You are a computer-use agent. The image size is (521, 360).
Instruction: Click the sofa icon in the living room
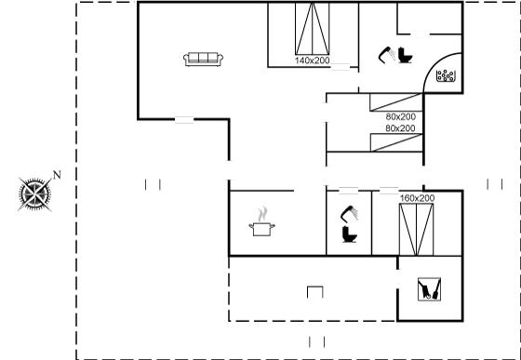pyautogui.click(x=203, y=60)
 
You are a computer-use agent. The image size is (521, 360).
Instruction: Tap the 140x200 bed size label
pyautogui.click(x=312, y=60)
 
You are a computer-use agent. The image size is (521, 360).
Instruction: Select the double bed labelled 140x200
pyautogui.click(x=313, y=29)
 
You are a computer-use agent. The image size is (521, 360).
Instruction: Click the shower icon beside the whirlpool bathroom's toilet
pyautogui.click(x=387, y=55)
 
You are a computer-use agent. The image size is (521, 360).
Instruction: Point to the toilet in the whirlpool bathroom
pyautogui.click(x=406, y=55)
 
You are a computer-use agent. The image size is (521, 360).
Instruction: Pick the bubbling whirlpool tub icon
pyautogui.click(x=446, y=75)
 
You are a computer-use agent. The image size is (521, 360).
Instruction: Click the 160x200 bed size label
pyautogui.click(x=417, y=198)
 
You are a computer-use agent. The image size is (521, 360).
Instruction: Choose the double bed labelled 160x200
pyautogui.click(x=417, y=230)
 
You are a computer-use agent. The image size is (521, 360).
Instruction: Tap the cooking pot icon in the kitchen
pyautogui.click(x=261, y=229)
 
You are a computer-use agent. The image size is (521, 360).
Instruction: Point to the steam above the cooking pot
pyautogui.click(x=262, y=214)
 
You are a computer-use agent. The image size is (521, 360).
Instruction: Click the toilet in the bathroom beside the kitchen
pyautogui.click(x=349, y=234)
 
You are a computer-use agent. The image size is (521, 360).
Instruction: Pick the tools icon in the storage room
pyautogui.click(x=429, y=289)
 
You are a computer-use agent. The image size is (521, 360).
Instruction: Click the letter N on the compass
pyautogui.click(x=57, y=175)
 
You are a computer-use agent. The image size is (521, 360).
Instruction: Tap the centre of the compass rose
pyautogui.click(x=35, y=194)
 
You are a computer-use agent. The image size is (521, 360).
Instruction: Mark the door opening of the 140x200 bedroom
pyautogui.click(x=341, y=67)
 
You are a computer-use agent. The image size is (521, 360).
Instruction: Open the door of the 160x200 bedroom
pyautogui.click(x=389, y=191)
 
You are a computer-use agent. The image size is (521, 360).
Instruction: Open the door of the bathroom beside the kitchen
pyautogui.click(x=349, y=191)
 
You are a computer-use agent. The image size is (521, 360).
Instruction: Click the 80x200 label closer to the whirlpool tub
pyautogui.click(x=401, y=117)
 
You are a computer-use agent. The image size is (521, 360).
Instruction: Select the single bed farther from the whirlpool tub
pyautogui.click(x=396, y=142)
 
